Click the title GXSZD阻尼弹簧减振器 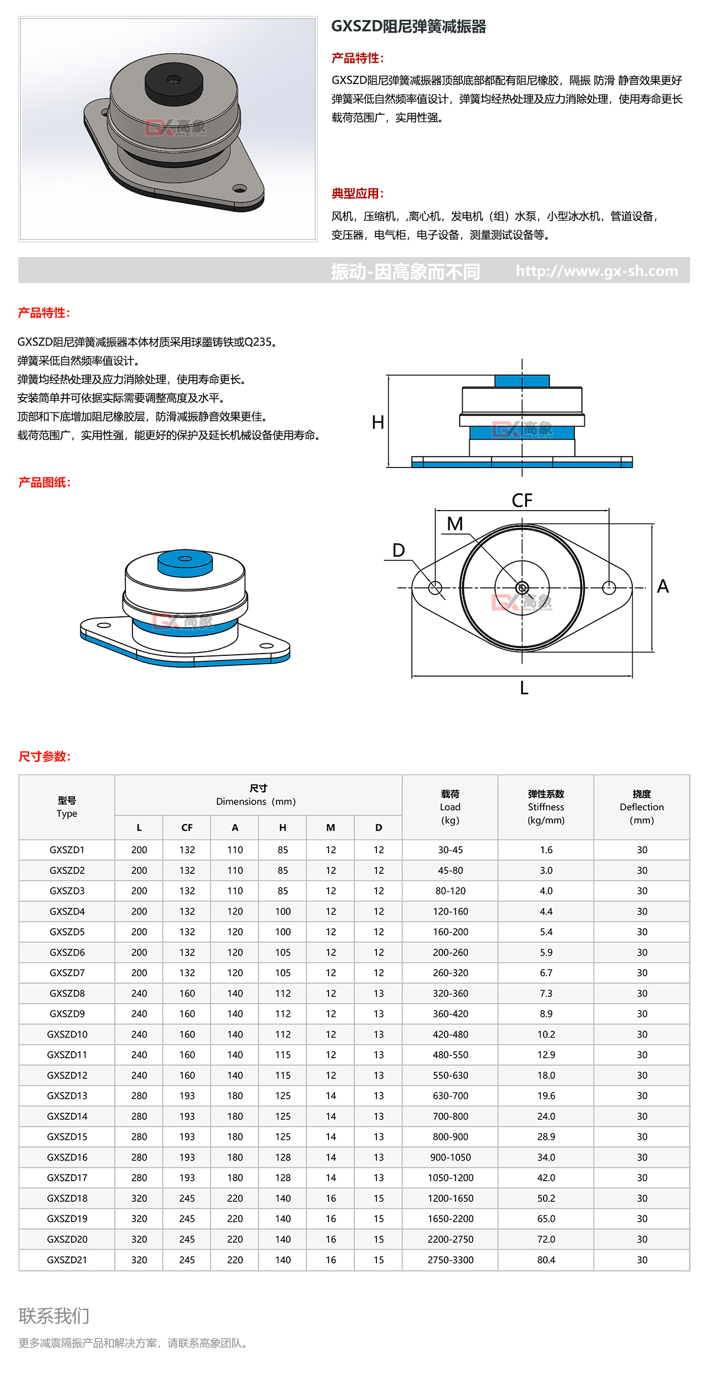pyautogui.click(x=408, y=27)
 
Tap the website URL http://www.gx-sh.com pyautogui.click(x=597, y=271)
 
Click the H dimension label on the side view pyautogui.click(x=378, y=422)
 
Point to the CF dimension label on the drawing pyautogui.click(x=522, y=500)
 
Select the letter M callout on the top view pyautogui.click(x=455, y=524)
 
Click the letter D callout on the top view pyautogui.click(x=399, y=551)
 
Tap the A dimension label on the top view pyautogui.click(x=663, y=586)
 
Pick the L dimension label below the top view pyautogui.click(x=524, y=688)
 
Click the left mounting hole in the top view pyautogui.click(x=435, y=588)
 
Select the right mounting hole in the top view pyautogui.click(x=609, y=587)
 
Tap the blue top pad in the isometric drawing pyautogui.click(x=185, y=562)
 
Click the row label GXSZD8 pyautogui.click(x=67, y=993)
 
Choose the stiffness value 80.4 pyautogui.click(x=546, y=1260)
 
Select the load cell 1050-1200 pyautogui.click(x=450, y=1178)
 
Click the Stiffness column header pyautogui.click(x=546, y=807)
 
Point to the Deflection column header pyautogui.click(x=642, y=807)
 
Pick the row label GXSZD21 pyautogui.click(x=67, y=1260)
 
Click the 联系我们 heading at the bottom pyautogui.click(x=54, y=1316)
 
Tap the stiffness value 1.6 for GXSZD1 pyautogui.click(x=546, y=850)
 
